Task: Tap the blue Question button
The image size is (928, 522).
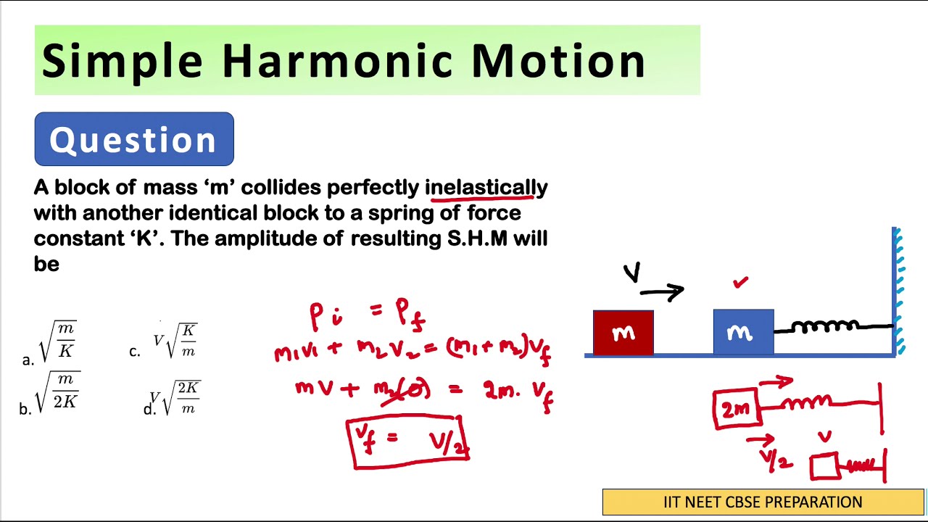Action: click(x=134, y=139)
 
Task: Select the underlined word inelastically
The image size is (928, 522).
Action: click(x=486, y=188)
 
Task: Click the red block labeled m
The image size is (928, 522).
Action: click(x=623, y=333)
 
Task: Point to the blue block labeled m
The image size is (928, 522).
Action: click(x=743, y=333)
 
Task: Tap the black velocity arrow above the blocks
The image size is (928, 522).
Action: click(x=661, y=292)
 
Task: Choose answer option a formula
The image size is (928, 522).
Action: click(x=58, y=341)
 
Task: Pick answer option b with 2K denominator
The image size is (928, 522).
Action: click(x=57, y=391)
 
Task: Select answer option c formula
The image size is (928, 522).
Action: click(x=175, y=340)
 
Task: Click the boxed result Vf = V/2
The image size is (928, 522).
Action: click(x=409, y=441)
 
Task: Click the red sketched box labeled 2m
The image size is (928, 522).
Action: click(x=736, y=409)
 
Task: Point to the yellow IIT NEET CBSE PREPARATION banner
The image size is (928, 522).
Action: click(x=763, y=502)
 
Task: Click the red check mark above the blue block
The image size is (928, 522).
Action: click(x=740, y=283)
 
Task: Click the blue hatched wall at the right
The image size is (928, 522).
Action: click(x=898, y=290)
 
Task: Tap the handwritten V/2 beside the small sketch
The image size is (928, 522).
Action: click(x=776, y=458)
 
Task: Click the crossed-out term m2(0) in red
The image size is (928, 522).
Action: click(x=402, y=390)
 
